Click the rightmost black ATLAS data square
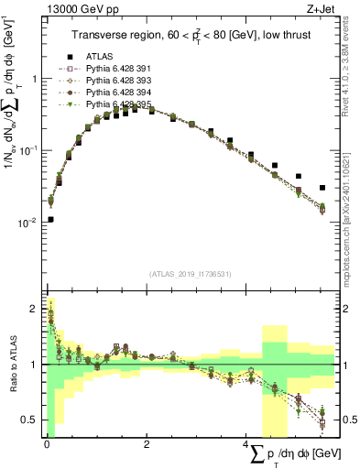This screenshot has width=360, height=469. [x=322, y=188]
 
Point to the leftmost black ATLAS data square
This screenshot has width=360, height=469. [x=50, y=219]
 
